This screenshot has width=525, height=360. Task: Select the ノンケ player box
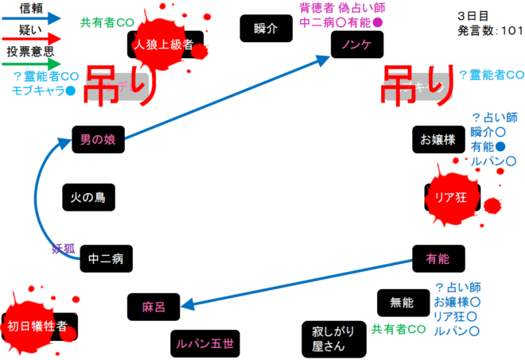coord(356,45)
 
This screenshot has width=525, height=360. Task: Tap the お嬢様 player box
coord(437,140)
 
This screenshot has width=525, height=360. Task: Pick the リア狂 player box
coord(450,195)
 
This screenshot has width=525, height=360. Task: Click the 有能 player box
coord(438,257)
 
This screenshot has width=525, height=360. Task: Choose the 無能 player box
coord(402,302)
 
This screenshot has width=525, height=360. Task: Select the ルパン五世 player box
coord(205,344)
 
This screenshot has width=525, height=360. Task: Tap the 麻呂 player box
coord(154,305)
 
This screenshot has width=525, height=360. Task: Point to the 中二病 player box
coord(106,258)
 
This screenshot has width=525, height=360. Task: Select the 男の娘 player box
coord(98,139)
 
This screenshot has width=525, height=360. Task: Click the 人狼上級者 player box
coord(165,45)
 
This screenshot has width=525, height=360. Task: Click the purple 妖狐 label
coord(63,248)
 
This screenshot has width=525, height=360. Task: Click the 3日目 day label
coord(474,15)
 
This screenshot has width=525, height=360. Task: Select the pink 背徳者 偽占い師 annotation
coord(341,9)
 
